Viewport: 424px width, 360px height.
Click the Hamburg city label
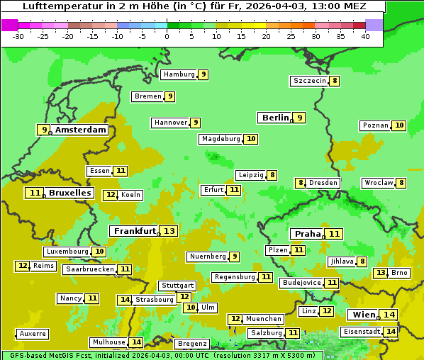pyautogui.click(x=178, y=74)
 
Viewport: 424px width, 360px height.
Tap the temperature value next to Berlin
pyautogui.click(x=300, y=118)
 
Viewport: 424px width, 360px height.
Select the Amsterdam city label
pyautogui.click(x=80, y=130)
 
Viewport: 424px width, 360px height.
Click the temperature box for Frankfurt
pyautogui.click(x=169, y=231)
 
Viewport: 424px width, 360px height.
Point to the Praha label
pyautogui.click(x=307, y=234)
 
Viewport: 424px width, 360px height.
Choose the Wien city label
pyautogui.click(x=363, y=315)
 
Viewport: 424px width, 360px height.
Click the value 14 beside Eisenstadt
pyautogui.click(x=390, y=331)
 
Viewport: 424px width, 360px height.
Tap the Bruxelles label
pyautogui.click(x=69, y=193)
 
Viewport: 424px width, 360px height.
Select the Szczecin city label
pyautogui.click(x=310, y=81)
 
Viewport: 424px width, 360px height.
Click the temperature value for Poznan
pyautogui.click(x=399, y=125)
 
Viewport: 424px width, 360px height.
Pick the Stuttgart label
pyautogui.click(x=177, y=286)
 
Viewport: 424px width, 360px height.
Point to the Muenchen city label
pyautogui.click(x=264, y=319)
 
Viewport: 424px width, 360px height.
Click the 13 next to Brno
pyautogui.click(x=381, y=273)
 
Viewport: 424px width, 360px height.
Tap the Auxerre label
pyautogui.click(x=33, y=333)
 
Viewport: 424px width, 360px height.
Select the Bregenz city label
pyautogui.click(x=191, y=343)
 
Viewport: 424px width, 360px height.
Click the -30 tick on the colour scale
pyautogui.click(x=18, y=35)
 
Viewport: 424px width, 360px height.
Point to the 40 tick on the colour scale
pyautogui.click(x=365, y=35)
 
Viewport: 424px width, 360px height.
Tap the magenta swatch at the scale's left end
pyautogui.click(x=9, y=25)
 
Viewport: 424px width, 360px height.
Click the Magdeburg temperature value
pyautogui.click(x=250, y=139)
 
